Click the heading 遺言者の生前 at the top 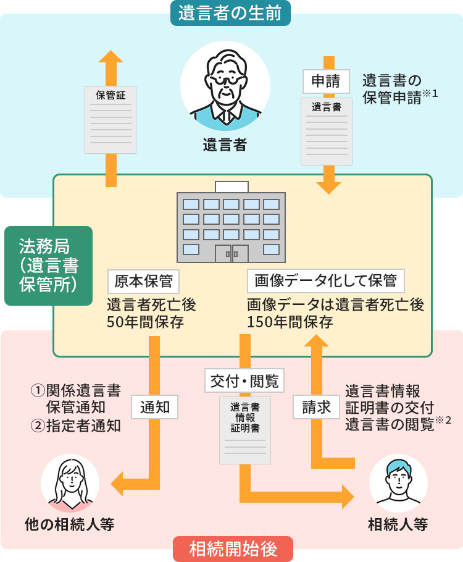point(230,13)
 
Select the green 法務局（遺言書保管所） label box point(48,266)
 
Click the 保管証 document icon point(110,119)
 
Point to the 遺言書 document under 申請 point(327,131)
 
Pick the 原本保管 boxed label point(143,281)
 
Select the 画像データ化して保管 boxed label point(325,281)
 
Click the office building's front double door point(231,253)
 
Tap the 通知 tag point(154,406)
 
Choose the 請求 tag point(316,406)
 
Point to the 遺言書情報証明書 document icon point(244,430)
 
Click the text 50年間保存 point(145,322)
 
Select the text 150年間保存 point(290,322)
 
